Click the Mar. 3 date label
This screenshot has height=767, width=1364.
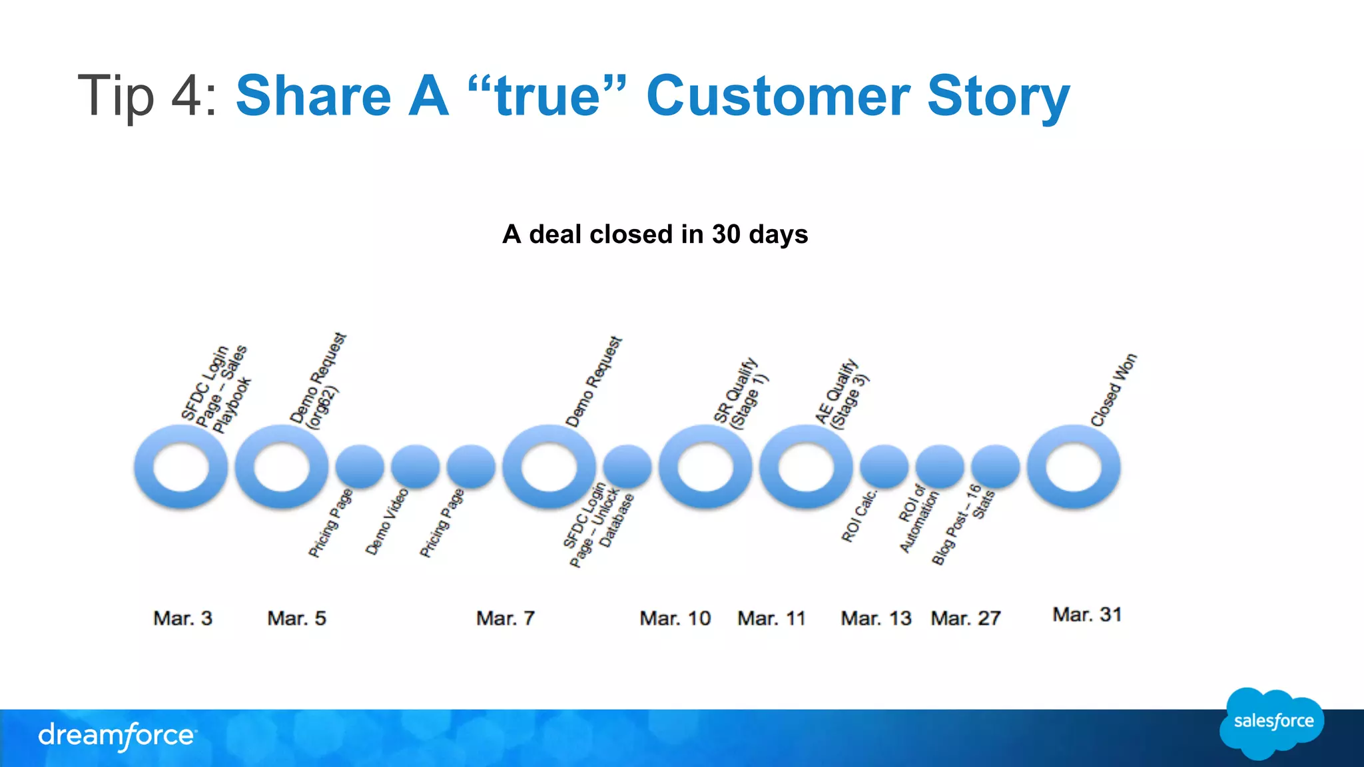coord(182,619)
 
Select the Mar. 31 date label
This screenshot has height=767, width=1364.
coord(1087,615)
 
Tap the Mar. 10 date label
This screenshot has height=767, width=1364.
coord(675,619)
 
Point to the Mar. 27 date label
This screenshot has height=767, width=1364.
coord(966,619)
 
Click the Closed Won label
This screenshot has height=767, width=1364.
coord(1113,391)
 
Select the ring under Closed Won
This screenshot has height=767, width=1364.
coord(1074,467)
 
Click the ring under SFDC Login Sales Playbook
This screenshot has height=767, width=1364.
coord(181,467)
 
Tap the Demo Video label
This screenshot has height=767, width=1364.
coord(386,522)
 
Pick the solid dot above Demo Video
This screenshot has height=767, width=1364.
coord(415,467)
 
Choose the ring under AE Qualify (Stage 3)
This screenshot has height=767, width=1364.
coord(806,467)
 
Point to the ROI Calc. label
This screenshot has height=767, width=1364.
coord(859,517)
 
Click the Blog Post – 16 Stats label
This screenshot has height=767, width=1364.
coord(963,525)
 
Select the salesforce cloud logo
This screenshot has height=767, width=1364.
coord(1272,722)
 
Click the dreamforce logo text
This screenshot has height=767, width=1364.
coord(117,736)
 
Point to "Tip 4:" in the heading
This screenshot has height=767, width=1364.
coord(147,96)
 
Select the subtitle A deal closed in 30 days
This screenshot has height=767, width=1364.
coord(655,234)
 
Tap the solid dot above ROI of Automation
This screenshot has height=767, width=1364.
coord(940,467)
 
